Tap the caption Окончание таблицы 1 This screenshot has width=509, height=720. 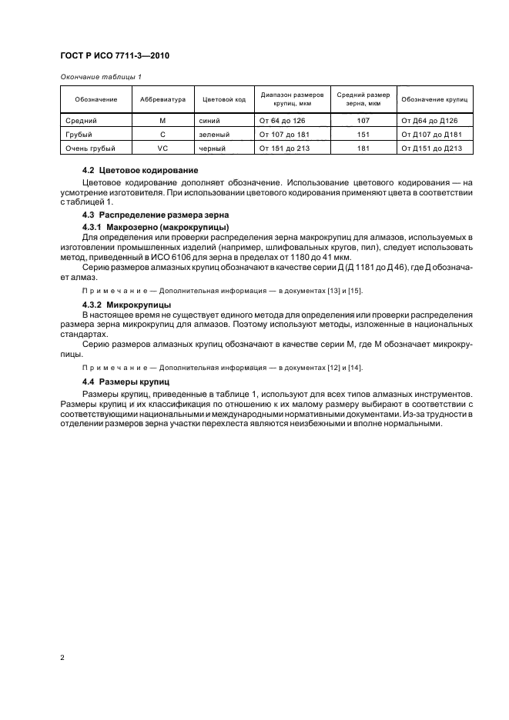(100, 78)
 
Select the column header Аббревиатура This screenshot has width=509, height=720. (162, 100)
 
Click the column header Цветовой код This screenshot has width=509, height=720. (223, 100)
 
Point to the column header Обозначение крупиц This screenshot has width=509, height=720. (435, 100)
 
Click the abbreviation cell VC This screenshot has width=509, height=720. (162, 147)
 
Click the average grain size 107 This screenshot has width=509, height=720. (364, 121)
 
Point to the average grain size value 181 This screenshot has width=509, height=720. (364, 147)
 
